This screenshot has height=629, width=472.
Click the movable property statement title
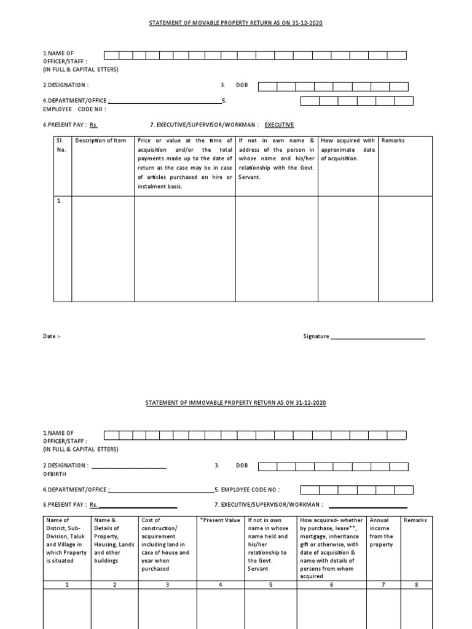coord(236,23)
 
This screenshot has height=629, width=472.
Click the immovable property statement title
coord(235,402)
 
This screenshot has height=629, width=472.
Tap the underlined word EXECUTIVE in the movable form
coord(279,125)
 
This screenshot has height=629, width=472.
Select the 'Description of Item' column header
coord(100,141)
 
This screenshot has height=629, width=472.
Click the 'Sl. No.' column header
coord(62,145)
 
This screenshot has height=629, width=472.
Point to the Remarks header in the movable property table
coord(393,141)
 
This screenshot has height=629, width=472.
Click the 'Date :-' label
coord(52,337)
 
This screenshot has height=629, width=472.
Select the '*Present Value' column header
coord(220,520)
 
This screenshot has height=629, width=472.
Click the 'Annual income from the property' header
coord(381,532)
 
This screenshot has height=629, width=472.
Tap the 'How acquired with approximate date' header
coord(347,149)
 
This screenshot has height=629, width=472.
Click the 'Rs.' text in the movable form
coord(93,125)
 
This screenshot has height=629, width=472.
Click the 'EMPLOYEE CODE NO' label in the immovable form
coord(250,490)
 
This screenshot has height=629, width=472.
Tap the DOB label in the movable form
coord(242,85)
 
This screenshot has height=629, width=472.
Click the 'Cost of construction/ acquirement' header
coord(165,544)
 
